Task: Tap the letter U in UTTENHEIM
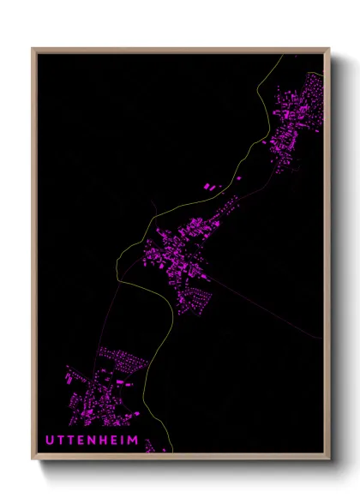pos(50,440)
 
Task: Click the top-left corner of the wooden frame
pos(33,50)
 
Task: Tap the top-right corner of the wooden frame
pos(328,50)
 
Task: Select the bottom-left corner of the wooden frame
pos(33,459)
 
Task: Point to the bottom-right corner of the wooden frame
pos(328,459)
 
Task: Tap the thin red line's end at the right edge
pos(322,338)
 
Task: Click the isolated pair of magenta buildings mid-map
pos(210,185)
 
